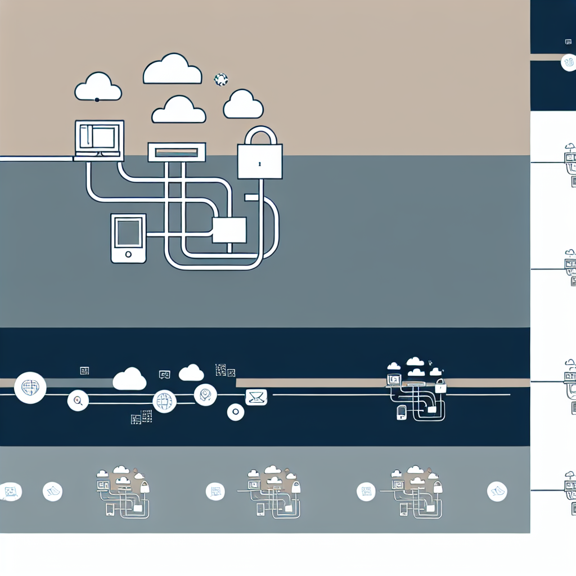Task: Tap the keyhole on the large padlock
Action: pos(260,164)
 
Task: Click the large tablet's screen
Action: pos(128,232)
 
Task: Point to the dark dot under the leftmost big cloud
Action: pos(97,100)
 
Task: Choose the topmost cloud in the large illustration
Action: pos(172,70)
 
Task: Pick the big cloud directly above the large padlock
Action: pos(244,105)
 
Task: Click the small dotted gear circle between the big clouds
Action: pos(221,79)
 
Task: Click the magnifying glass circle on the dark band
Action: pos(78,400)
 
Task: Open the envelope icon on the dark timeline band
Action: pos(256,398)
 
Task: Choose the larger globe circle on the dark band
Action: pos(30,388)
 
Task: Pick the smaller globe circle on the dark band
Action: pos(164,402)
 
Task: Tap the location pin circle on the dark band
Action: pos(205,395)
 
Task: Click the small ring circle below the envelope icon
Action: pos(236,412)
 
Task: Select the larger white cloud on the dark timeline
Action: pos(129,379)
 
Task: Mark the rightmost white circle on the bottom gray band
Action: pos(497,492)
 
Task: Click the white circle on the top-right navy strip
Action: pos(569,63)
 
